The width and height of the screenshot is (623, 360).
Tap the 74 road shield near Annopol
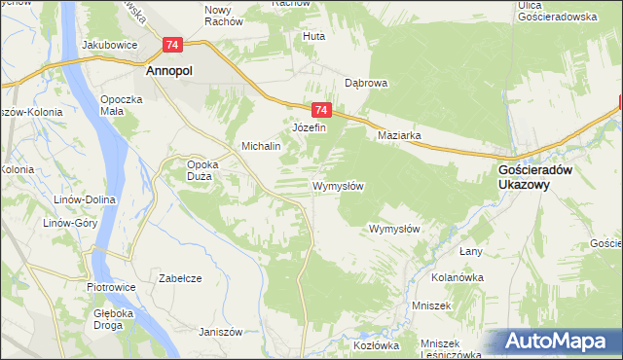coord(172,45)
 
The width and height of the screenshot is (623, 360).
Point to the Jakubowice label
coord(108,45)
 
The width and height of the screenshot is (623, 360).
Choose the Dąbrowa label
coord(366,84)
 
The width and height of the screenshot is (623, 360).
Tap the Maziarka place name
coord(399,136)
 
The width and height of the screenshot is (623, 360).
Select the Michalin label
coord(261,146)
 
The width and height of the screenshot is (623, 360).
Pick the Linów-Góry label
coord(65,223)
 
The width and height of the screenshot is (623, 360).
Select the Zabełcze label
coord(180,278)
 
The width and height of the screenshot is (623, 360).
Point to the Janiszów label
coord(220,331)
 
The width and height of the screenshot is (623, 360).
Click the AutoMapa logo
coord(561,342)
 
